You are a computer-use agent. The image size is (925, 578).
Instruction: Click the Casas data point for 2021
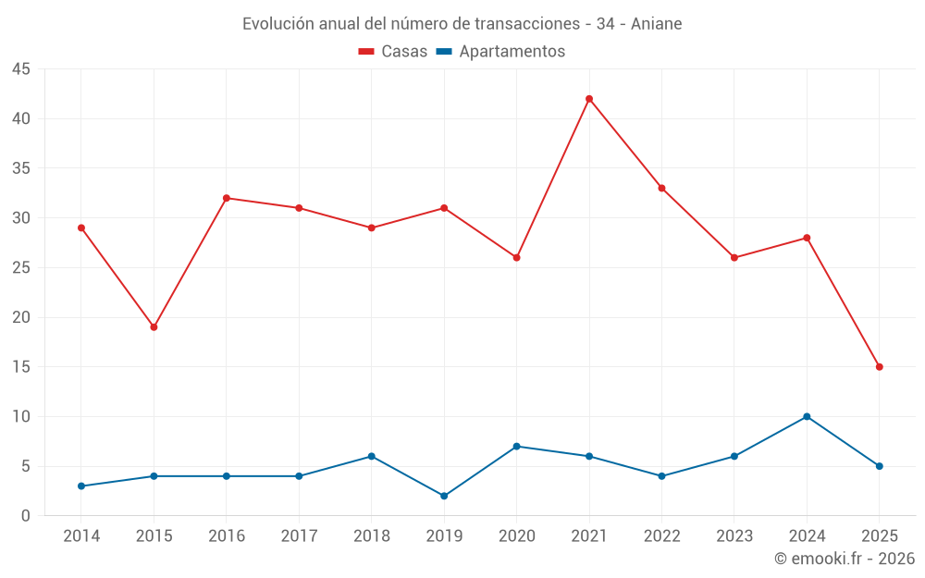(x=589, y=99)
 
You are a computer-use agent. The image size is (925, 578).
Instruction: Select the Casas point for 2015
(x=154, y=327)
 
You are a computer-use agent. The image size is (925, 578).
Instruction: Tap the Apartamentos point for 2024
(x=807, y=416)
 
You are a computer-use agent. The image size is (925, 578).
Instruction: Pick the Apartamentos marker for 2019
(x=444, y=496)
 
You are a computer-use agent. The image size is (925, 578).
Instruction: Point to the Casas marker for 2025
(x=880, y=367)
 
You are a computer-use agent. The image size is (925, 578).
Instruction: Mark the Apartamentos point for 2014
(x=81, y=486)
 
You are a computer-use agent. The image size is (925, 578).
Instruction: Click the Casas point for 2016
(x=227, y=198)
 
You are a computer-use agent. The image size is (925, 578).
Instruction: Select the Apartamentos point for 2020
(x=517, y=447)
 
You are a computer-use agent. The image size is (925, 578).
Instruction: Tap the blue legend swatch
(x=444, y=52)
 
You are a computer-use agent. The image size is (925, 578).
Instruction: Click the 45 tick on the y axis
(x=21, y=69)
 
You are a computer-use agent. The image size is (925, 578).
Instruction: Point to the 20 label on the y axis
(x=21, y=317)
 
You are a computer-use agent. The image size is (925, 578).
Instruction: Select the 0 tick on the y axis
(x=26, y=516)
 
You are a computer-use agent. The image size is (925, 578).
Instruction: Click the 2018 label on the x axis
(x=371, y=536)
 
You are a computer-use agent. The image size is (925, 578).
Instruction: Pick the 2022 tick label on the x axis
(x=661, y=536)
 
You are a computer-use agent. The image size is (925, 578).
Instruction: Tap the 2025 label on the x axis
(x=880, y=536)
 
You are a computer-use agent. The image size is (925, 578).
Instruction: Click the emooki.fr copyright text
(x=845, y=559)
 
